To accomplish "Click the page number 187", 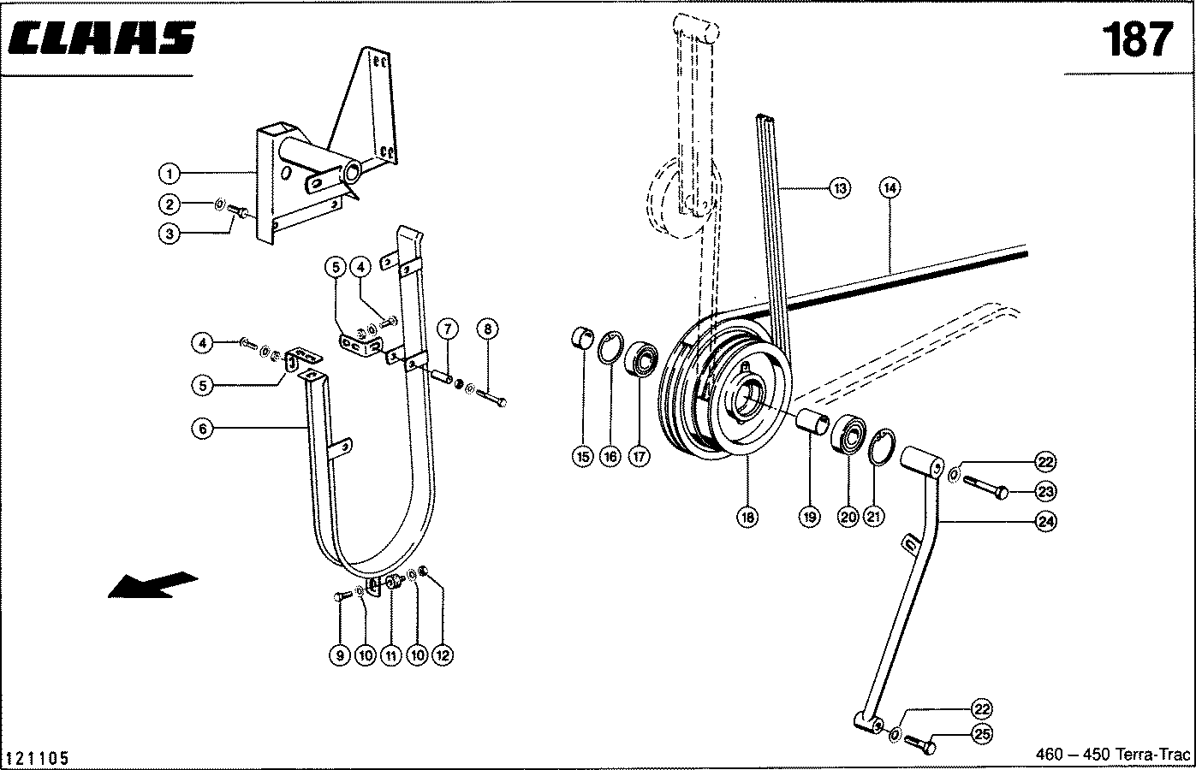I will point(1135,39).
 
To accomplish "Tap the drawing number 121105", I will point(37,758).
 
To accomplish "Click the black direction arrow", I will point(152,584).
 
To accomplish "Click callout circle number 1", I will point(170,175).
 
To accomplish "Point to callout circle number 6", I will point(202,429).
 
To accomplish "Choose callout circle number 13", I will point(841,188).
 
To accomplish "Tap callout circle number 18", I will point(747,517).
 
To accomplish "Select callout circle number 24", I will point(1045,520).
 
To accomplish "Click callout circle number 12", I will point(443,655).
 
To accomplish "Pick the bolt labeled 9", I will point(340,597).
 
